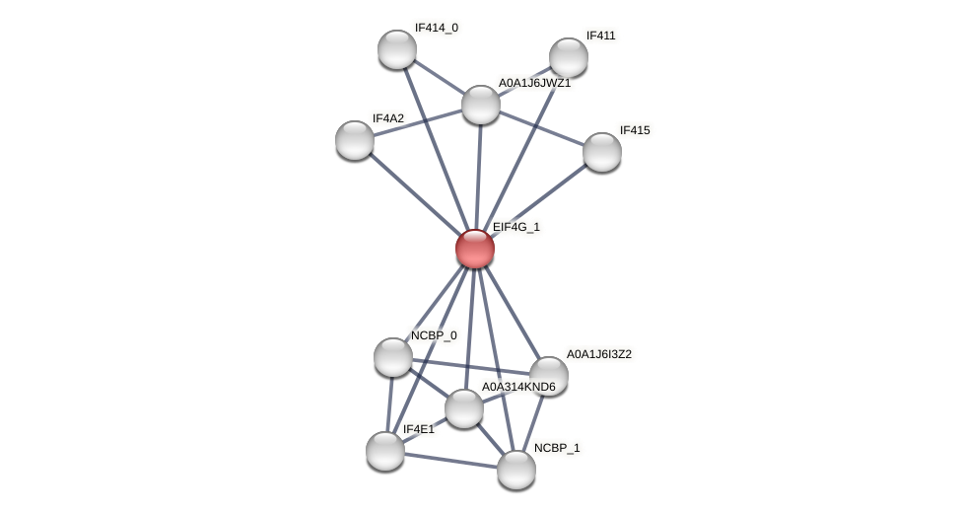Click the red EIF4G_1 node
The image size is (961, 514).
click(x=474, y=249)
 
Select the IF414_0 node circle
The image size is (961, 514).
click(x=397, y=49)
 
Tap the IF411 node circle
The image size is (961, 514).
click(x=568, y=57)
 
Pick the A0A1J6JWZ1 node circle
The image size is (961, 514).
click(x=481, y=105)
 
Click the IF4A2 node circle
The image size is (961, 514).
click(x=355, y=140)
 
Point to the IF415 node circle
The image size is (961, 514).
click(x=601, y=152)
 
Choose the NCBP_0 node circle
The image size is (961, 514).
click(x=393, y=357)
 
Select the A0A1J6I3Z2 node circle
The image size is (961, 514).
click(x=548, y=376)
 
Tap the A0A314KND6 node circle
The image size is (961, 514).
click(x=463, y=408)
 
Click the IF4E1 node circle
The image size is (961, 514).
click(x=385, y=451)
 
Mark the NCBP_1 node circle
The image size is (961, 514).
click(x=515, y=470)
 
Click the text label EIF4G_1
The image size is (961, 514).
click(x=516, y=228)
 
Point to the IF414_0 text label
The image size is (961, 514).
click(x=436, y=28)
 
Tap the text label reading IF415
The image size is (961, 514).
click(x=634, y=130)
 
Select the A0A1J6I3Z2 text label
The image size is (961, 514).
click(x=598, y=354)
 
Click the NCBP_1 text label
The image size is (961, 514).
click(x=557, y=448)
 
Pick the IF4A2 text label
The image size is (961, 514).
click(x=387, y=118)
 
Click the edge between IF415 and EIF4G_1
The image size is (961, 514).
click(x=538, y=200)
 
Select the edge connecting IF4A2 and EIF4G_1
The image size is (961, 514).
click(x=414, y=193)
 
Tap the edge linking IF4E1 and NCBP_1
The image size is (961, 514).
click(x=450, y=461)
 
